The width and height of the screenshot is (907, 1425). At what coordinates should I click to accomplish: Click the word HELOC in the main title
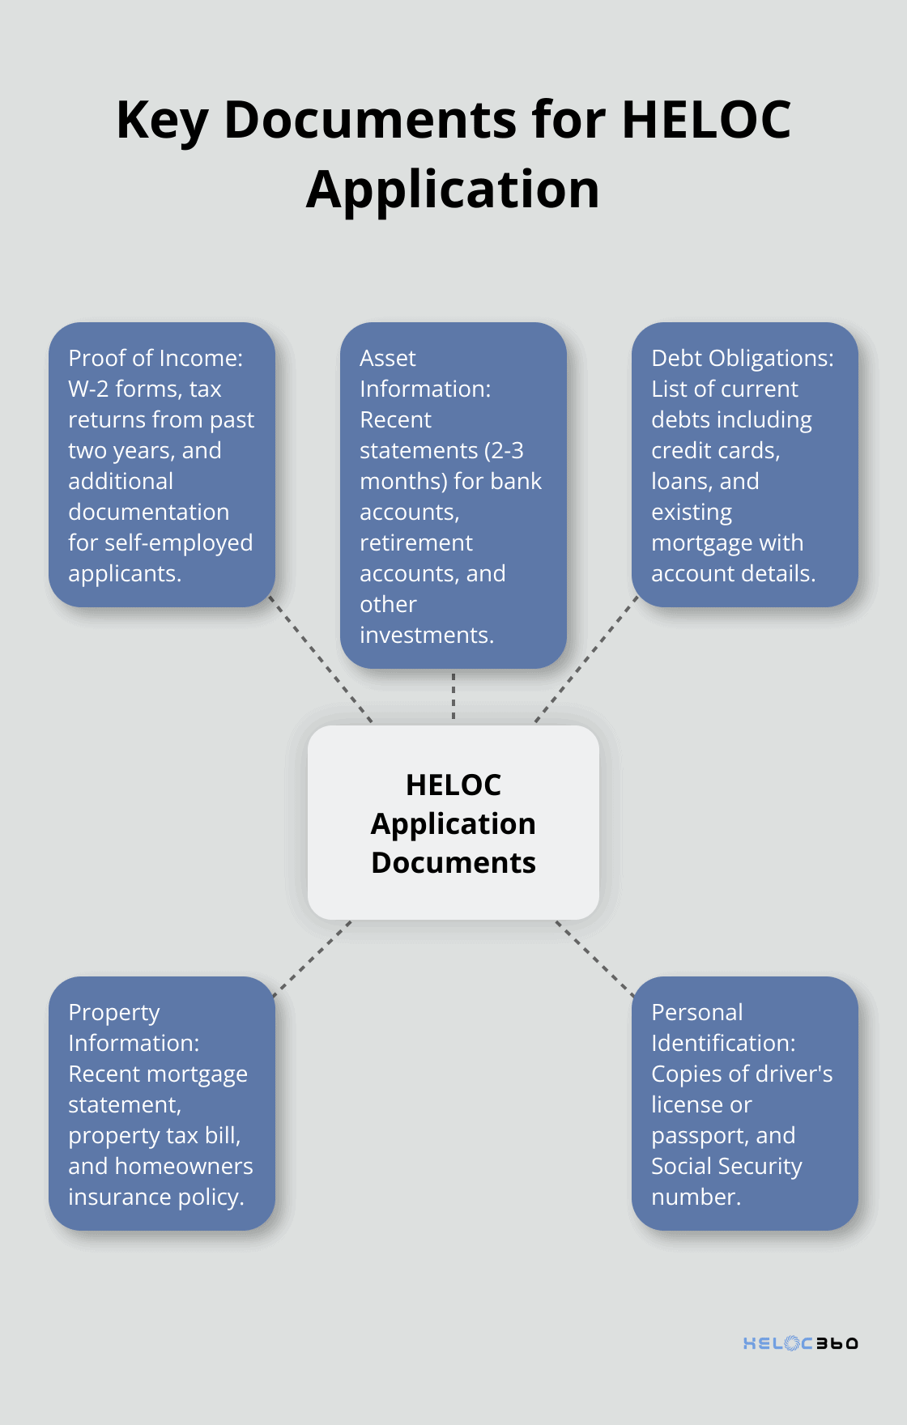pyautogui.click(x=705, y=120)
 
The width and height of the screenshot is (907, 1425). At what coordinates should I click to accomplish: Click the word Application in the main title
pyautogui.click(x=453, y=189)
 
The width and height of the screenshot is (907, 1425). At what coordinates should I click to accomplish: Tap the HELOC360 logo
pyautogui.click(x=800, y=1343)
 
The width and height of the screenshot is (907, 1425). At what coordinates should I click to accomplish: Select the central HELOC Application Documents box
pyautogui.click(x=453, y=823)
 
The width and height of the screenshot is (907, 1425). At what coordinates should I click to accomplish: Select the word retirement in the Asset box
pyautogui.click(x=416, y=543)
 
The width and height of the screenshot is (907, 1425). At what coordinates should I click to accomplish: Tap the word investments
pyautogui.click(x=426, y=636)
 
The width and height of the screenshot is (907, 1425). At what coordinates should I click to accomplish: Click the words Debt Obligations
pyautogui.click(x=742, y=359)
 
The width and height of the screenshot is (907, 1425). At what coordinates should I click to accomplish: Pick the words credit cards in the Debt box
pyautogui.click(x=714, y=451)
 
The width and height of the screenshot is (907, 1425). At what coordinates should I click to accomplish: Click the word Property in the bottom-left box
pyautogui.click(x=114, y=1013)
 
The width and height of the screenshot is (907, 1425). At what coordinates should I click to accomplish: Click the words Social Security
pyautogui.click(x=726, y=1167)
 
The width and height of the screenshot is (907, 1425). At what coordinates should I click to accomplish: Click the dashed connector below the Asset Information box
pyautogui.click(x=453, y=696)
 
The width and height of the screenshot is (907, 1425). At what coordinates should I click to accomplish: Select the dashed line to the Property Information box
pyautogui.click(x=314, y=958)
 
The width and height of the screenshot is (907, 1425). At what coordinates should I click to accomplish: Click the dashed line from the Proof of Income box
pyautogui.click(x=321, y=660)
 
